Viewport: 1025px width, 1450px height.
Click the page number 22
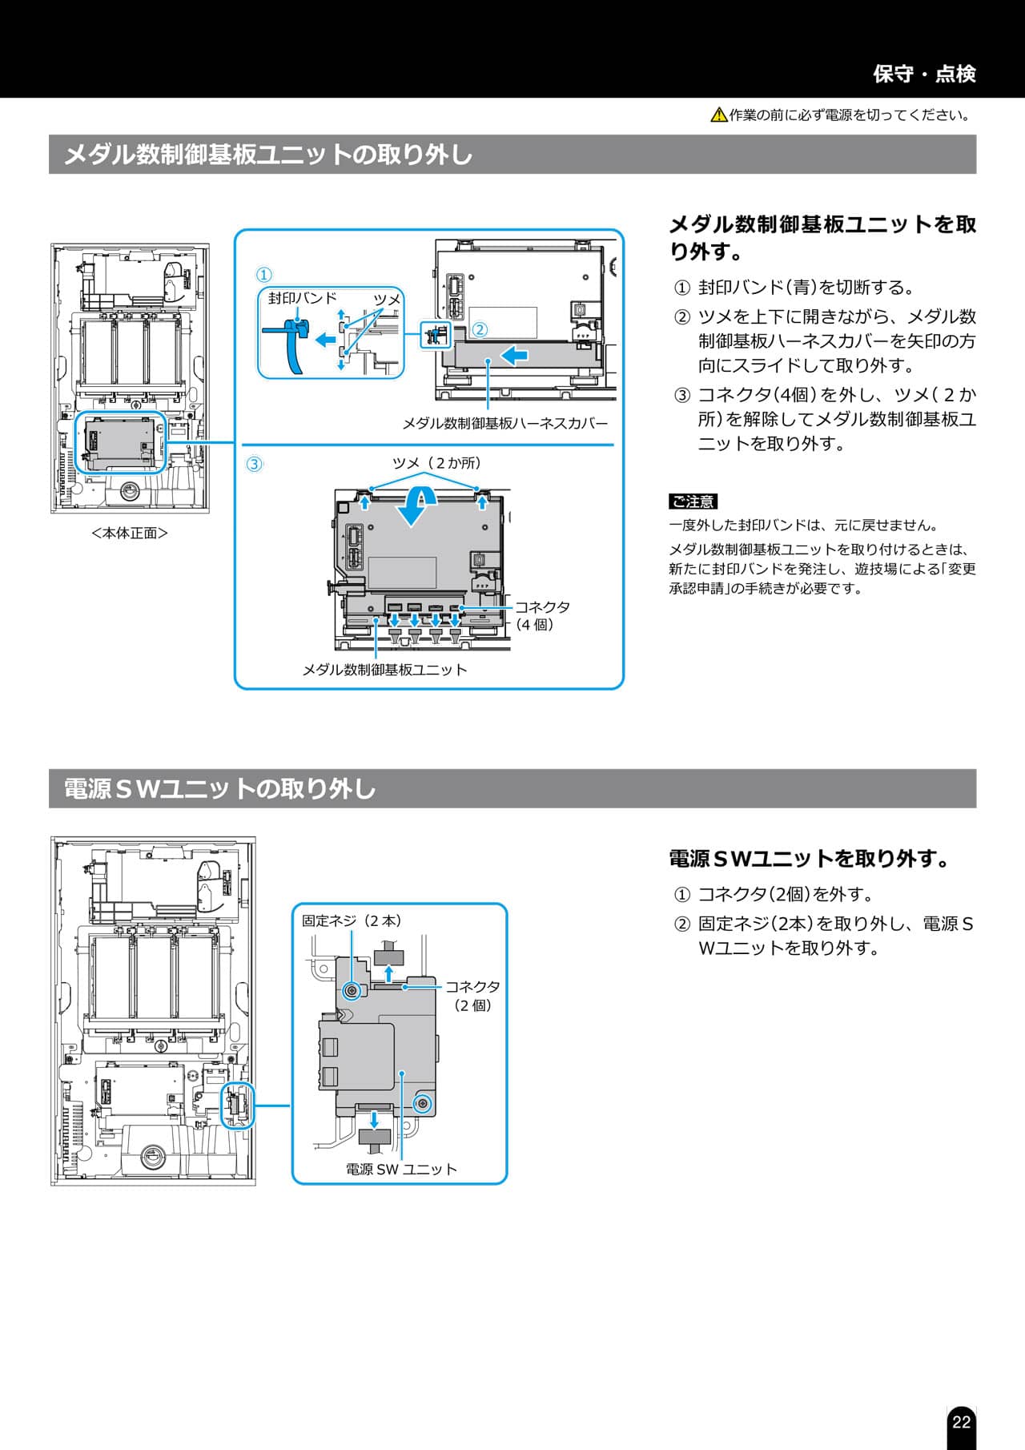(x=961, y=1421)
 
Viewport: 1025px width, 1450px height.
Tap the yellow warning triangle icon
(x=718, y=115)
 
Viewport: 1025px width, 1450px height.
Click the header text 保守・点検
(x=924, y=74)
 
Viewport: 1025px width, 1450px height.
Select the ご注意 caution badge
(x=693, y=501)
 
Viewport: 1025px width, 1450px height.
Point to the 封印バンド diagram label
(x=303, y=298)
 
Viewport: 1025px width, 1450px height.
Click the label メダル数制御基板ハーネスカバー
(x=504, y=423)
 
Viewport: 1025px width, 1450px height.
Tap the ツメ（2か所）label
(x=436, y=463)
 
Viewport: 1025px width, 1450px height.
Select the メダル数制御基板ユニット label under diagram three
(x=384, y=670)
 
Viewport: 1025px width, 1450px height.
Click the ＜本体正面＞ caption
(x=130, y=533)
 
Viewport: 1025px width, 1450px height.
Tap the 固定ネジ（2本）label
(x=352, y=920)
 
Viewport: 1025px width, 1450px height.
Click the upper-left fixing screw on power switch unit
(x=351, y=992)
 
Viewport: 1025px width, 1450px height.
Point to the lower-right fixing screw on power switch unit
(x=422, y=1105)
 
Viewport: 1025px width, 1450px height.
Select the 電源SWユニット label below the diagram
(x=401, y=1169)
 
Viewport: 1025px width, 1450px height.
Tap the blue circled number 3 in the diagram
(x=254, y=464)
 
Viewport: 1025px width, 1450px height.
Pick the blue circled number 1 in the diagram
(x=264, y=275)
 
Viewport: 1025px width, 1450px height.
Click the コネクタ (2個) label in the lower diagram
(x=472, y=996)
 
